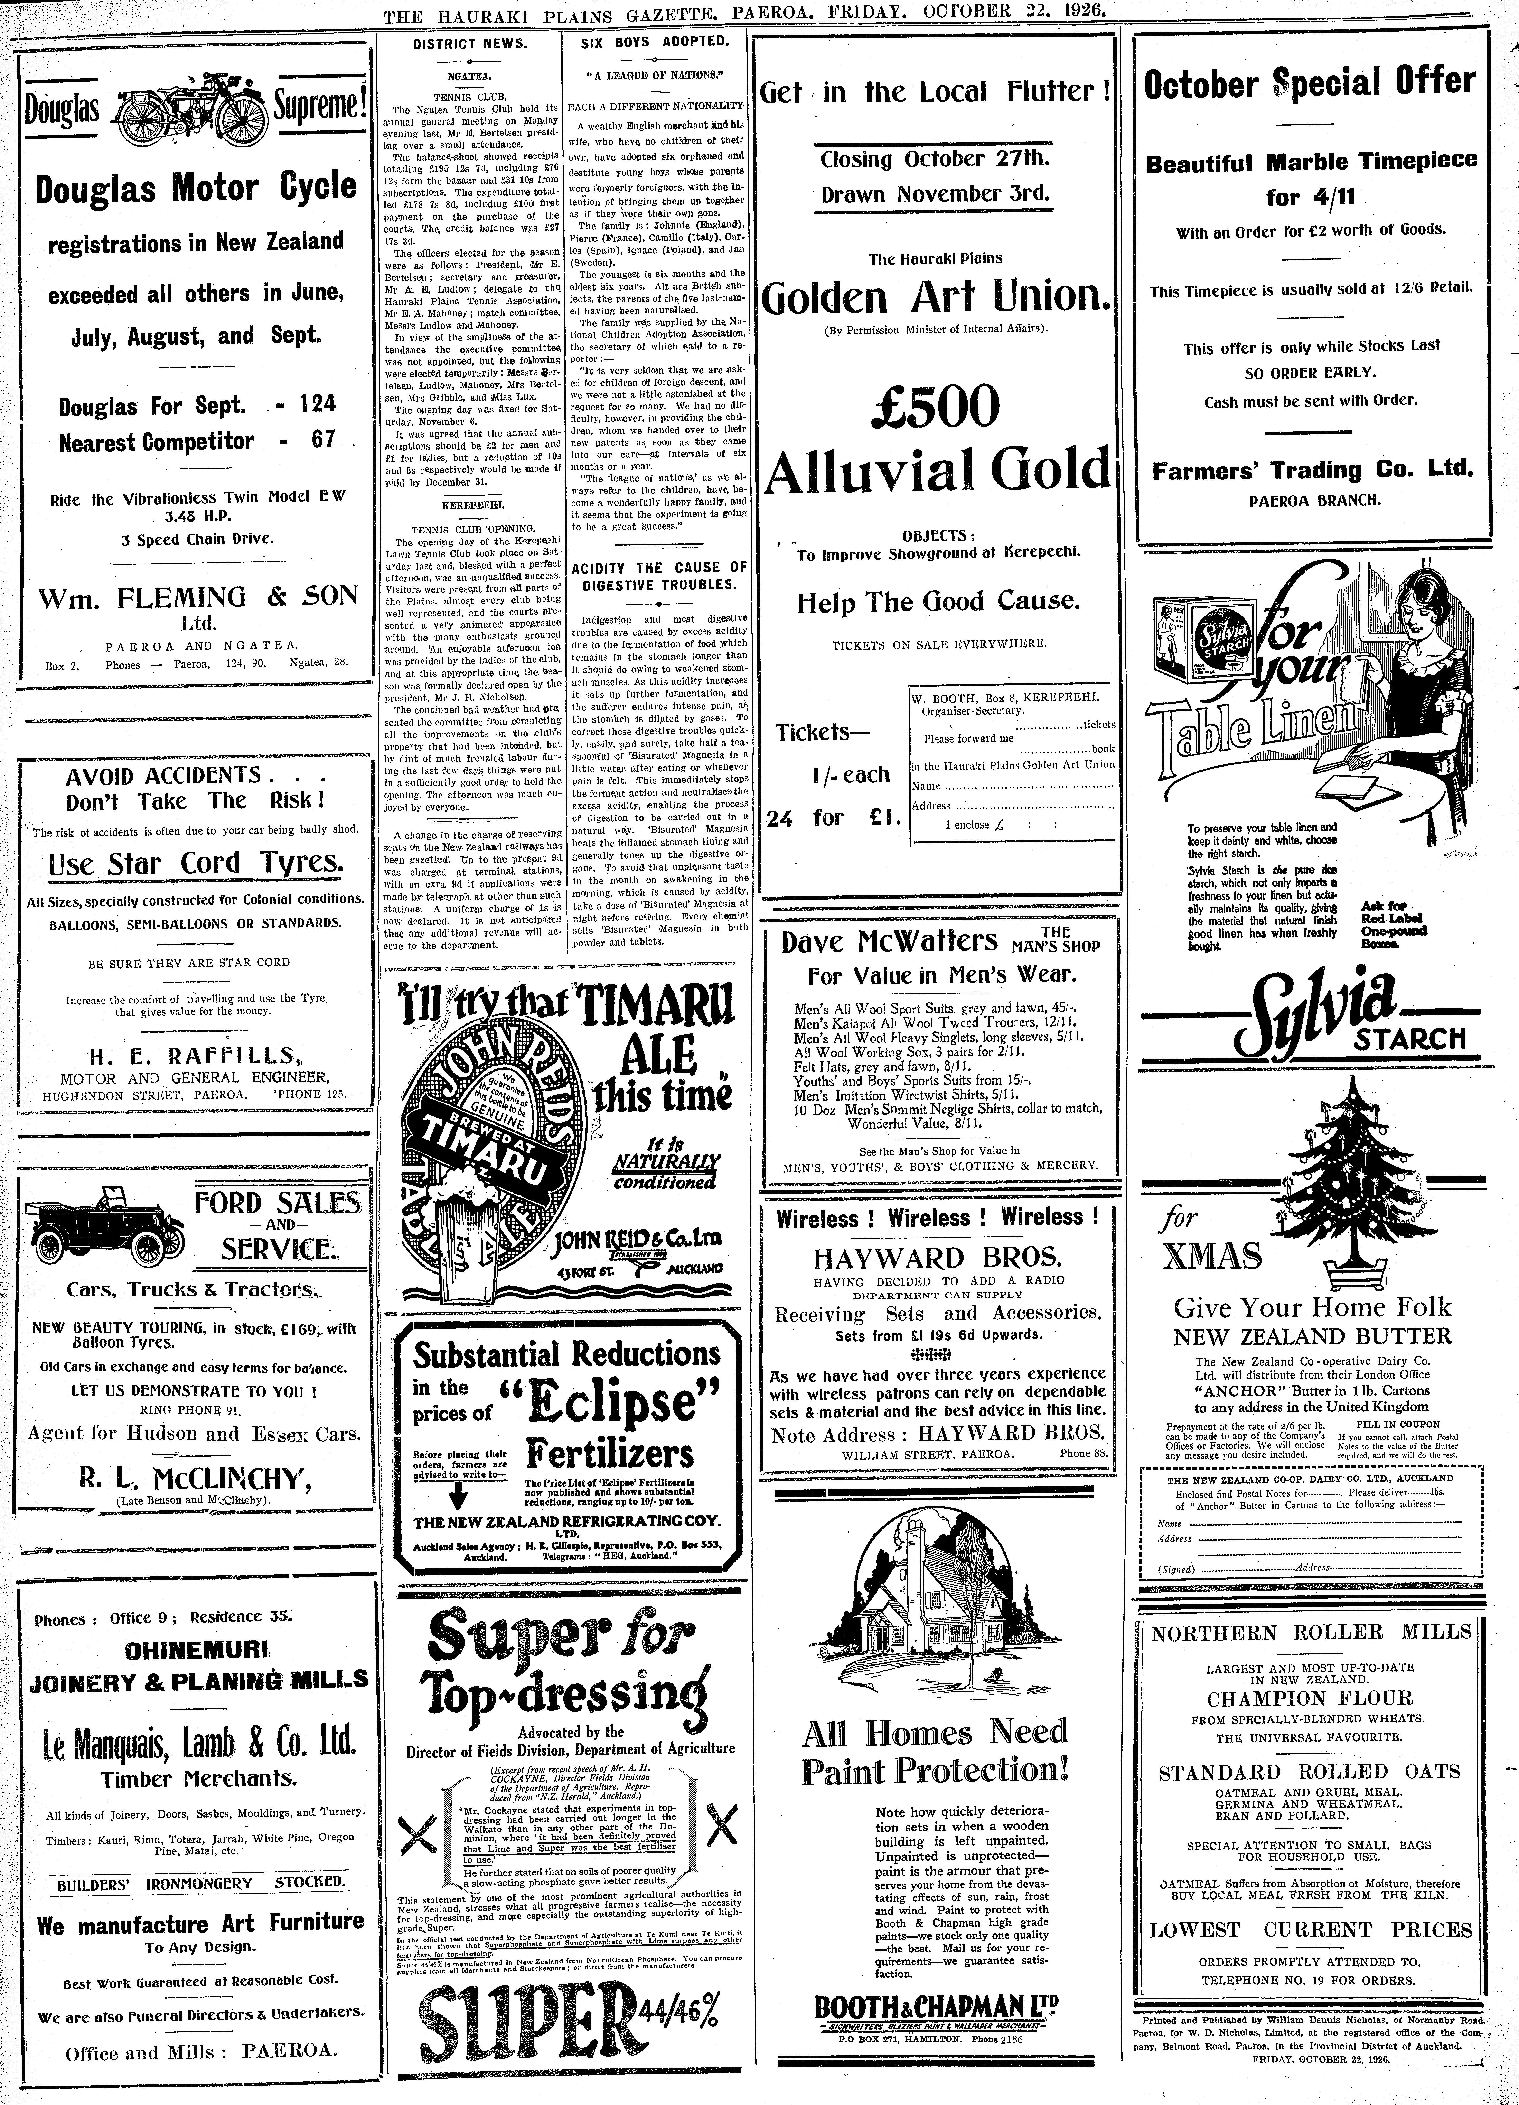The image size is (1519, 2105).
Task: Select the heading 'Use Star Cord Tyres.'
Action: pos(195,863)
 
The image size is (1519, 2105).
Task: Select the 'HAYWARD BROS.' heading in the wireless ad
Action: pos(936,1258)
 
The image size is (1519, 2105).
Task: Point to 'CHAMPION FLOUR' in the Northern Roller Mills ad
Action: pos(1309,1699)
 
